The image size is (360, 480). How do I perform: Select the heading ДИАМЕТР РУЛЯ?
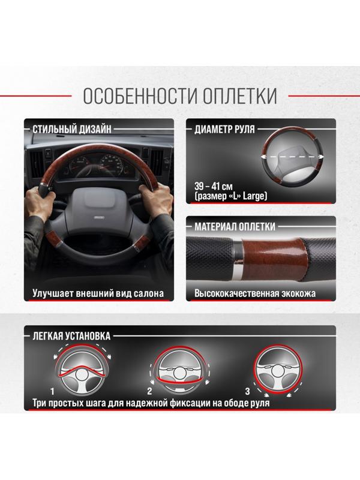click(224, 128)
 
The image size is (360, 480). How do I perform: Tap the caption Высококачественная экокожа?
click(255, 295)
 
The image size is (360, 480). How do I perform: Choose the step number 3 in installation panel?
click(247, 391)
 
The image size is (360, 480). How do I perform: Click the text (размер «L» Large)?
click(231, 196)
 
